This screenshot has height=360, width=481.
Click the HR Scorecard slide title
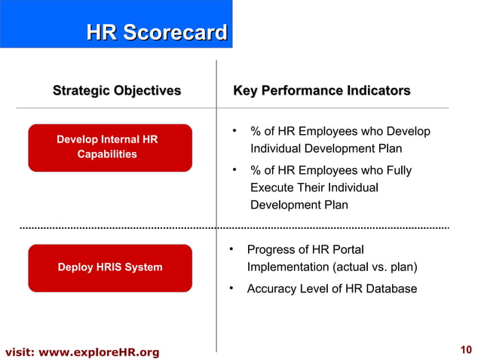coord(157,32)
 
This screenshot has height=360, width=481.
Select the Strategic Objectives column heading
coord(117,91)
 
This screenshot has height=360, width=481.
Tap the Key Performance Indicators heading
coord(322,91)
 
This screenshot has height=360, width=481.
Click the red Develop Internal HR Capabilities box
coord(110,148)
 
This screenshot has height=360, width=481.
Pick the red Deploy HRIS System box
coord(110,267)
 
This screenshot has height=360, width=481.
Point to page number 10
coord(465,349)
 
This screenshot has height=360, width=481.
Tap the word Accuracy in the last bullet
coord(269,288)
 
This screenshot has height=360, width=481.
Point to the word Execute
coord(272,187)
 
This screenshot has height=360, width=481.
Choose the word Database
coord(391,288)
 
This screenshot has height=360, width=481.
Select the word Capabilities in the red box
coord(107,154)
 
